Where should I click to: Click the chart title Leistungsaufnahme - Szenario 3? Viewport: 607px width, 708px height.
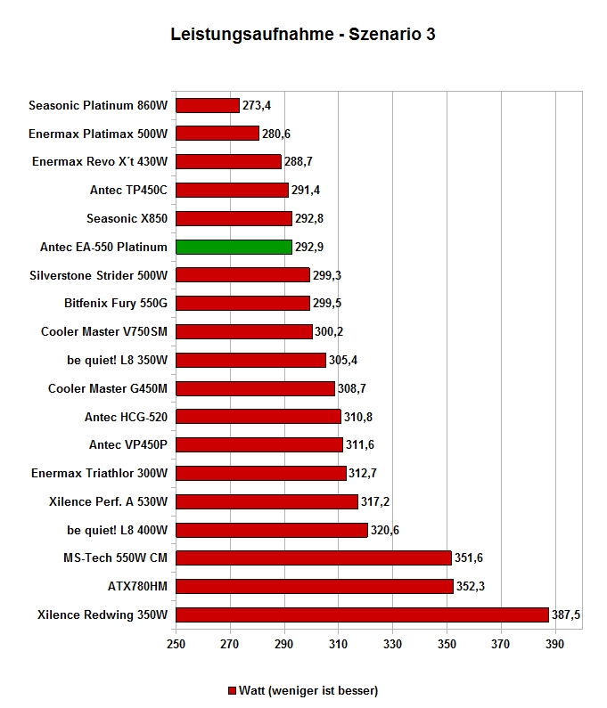click(x=303, y=34)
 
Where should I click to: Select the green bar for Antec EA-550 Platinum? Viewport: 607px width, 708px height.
click(x=234, y=247)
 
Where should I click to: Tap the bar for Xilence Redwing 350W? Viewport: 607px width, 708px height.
click(x=362, y=614)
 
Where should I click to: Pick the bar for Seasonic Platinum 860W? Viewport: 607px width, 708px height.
click(x=208, y=105)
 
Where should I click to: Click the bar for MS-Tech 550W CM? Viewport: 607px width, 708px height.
click(x=314, y=557)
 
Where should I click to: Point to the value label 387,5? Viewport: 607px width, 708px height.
click(x=565, y=614)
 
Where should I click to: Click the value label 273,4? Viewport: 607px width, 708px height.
click(x=257, y=105)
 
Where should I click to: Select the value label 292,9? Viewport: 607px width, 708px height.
click(x=309, y=247)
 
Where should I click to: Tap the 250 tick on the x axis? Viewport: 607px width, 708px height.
click(x=176, y=644)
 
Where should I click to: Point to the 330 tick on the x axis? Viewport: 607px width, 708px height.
click(x=392, y=644)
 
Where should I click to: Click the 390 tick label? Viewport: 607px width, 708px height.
click(x=554, y=644)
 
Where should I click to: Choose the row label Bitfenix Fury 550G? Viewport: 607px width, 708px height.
click(x=116, y=303)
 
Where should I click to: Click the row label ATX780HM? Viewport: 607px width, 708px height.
click(x=137, y=586)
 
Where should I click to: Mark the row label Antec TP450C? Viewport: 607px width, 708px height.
click(x=128, y=190)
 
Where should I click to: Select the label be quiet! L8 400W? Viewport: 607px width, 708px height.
click(x=117, y=530)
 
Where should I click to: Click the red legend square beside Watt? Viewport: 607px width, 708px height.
click(x=232, y=691)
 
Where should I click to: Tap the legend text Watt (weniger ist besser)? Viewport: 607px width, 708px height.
click(x=308, y=691)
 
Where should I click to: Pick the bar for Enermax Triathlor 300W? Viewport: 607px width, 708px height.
click(x=261, y=473)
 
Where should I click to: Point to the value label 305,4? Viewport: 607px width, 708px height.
click(x=342, y=360)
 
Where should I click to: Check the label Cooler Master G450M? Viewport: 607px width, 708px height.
click(x=108, y=389)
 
